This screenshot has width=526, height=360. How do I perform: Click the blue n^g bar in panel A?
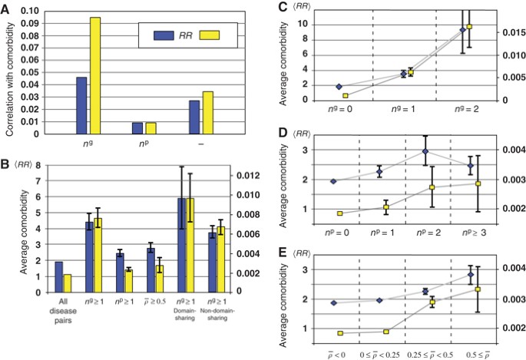click(x=81, y=106)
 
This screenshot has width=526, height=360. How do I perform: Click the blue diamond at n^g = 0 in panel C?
click(x=339, y=87)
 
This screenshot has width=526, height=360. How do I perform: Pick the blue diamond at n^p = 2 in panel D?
click(x=425, y=151)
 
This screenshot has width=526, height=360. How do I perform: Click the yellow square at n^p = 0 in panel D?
click(x=339, y=213)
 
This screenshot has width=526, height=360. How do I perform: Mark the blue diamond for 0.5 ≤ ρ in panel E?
click(x=470, y=275)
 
